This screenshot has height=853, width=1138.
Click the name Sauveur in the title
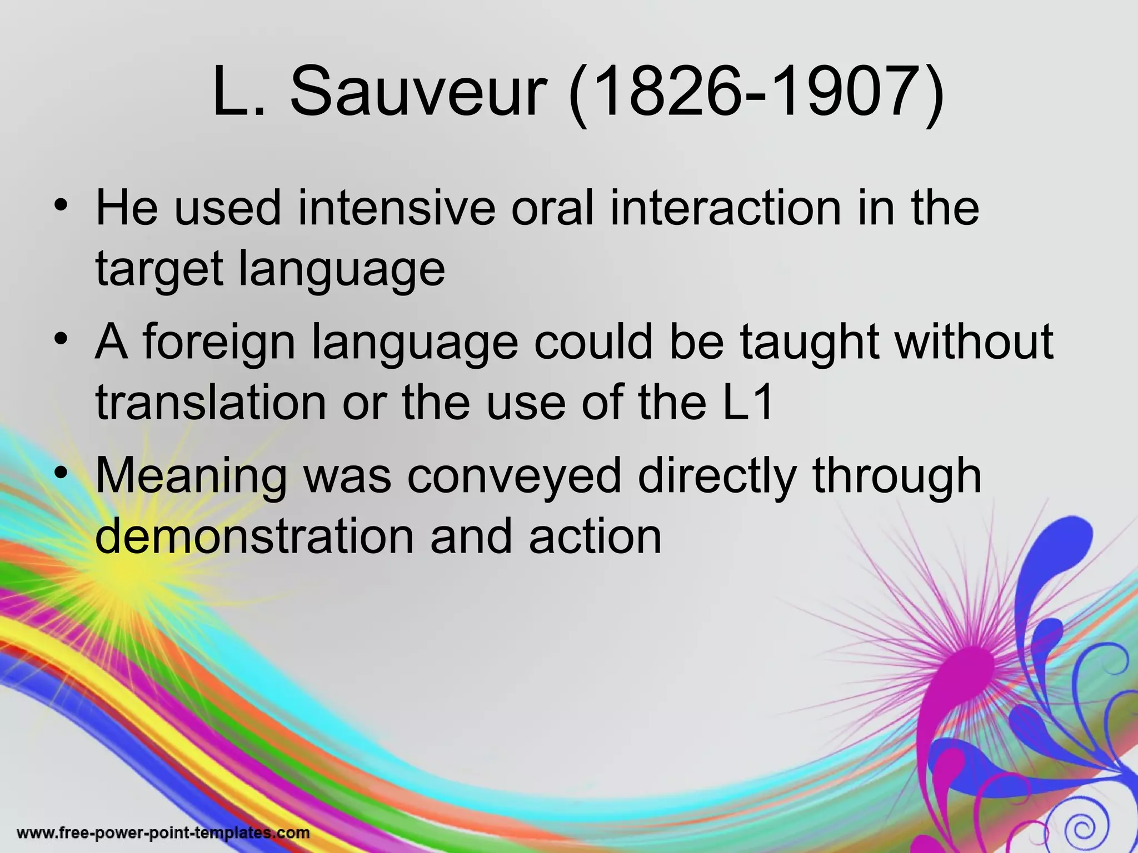[x=416, y=92]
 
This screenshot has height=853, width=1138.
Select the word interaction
[x=726, y=208]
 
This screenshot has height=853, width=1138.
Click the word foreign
[x=219, y=342]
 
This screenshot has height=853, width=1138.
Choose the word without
[x=975, y=342]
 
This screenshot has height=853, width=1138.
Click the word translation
[x=211, y=402]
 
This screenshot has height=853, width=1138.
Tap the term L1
[x=747, y=402]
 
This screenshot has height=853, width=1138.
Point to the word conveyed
[x=515, y=476]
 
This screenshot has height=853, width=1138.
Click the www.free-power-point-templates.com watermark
[x=163, y=833]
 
